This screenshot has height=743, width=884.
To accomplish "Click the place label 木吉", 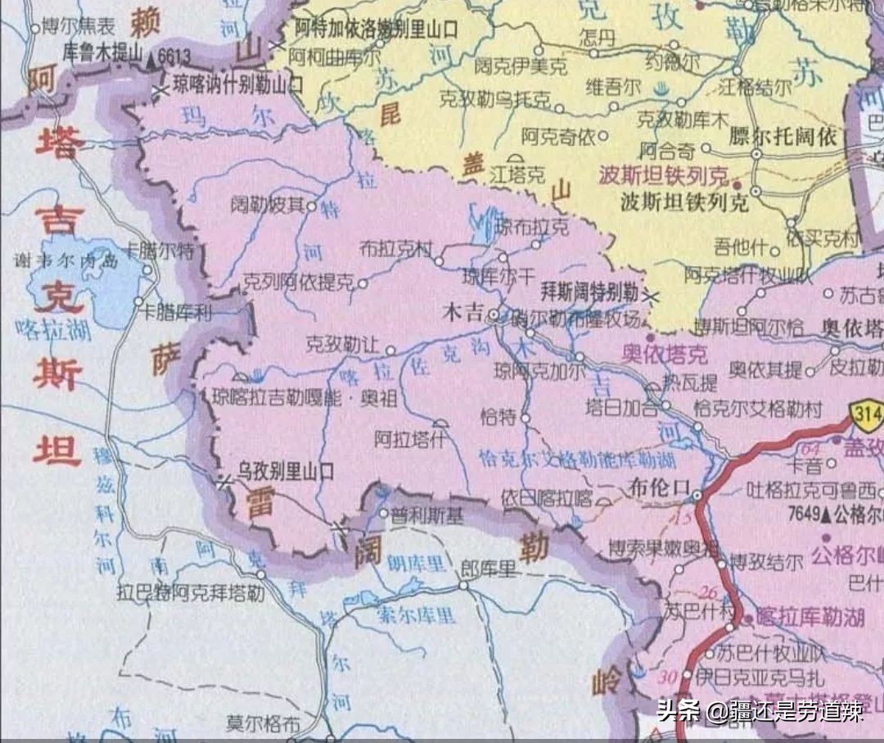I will (462, 312).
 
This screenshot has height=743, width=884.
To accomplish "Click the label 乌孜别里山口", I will (286, 471).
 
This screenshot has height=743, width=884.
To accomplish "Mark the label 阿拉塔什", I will (407, 439).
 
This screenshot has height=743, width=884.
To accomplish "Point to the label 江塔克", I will (516, 174).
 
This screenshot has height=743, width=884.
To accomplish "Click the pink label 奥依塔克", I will (663, 355).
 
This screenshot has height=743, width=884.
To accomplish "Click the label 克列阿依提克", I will (298, 283).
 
